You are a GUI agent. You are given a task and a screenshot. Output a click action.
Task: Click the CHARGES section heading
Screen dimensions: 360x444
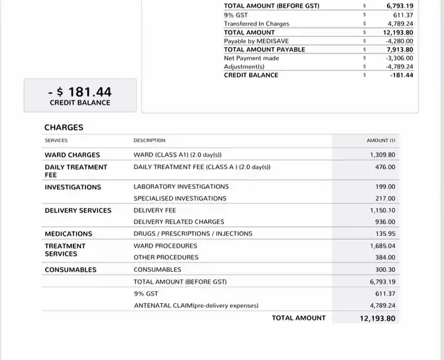point(64,128)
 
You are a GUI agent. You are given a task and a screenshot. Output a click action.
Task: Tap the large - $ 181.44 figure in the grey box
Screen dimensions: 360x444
point(80,92)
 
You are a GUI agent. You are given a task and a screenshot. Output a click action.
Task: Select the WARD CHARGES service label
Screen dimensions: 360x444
point(72,155)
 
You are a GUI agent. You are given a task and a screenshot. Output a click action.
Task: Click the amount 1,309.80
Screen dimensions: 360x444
point(382,155)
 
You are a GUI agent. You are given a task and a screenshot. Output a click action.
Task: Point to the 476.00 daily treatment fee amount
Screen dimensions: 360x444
point(386,167)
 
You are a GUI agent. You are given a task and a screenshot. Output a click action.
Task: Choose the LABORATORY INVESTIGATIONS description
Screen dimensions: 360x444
point(181,187)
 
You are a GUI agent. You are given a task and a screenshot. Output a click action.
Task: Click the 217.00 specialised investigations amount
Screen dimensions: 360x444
point(386,198)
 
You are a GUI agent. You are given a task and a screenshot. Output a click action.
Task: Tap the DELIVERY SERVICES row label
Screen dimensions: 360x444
point(78,211)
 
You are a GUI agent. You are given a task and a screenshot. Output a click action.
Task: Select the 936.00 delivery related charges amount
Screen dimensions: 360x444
point(386,222)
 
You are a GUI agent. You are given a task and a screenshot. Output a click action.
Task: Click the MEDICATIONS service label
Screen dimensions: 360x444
point(69,234)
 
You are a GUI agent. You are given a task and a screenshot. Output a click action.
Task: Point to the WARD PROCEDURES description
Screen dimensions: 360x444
point(165,246)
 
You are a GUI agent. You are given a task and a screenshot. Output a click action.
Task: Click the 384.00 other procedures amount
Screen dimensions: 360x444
point(386,257)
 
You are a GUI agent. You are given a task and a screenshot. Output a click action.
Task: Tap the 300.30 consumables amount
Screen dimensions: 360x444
point(386,270)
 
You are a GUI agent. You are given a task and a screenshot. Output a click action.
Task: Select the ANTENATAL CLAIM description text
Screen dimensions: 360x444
point(196,305)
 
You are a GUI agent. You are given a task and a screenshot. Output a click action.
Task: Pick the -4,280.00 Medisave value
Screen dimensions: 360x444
point(399,41)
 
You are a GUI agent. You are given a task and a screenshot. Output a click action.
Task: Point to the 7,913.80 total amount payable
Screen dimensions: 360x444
point(400,49)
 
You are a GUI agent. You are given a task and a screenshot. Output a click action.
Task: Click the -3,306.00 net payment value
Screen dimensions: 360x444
point(399,58)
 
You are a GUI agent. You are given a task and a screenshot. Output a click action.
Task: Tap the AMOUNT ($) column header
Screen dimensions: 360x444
point(381,141)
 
